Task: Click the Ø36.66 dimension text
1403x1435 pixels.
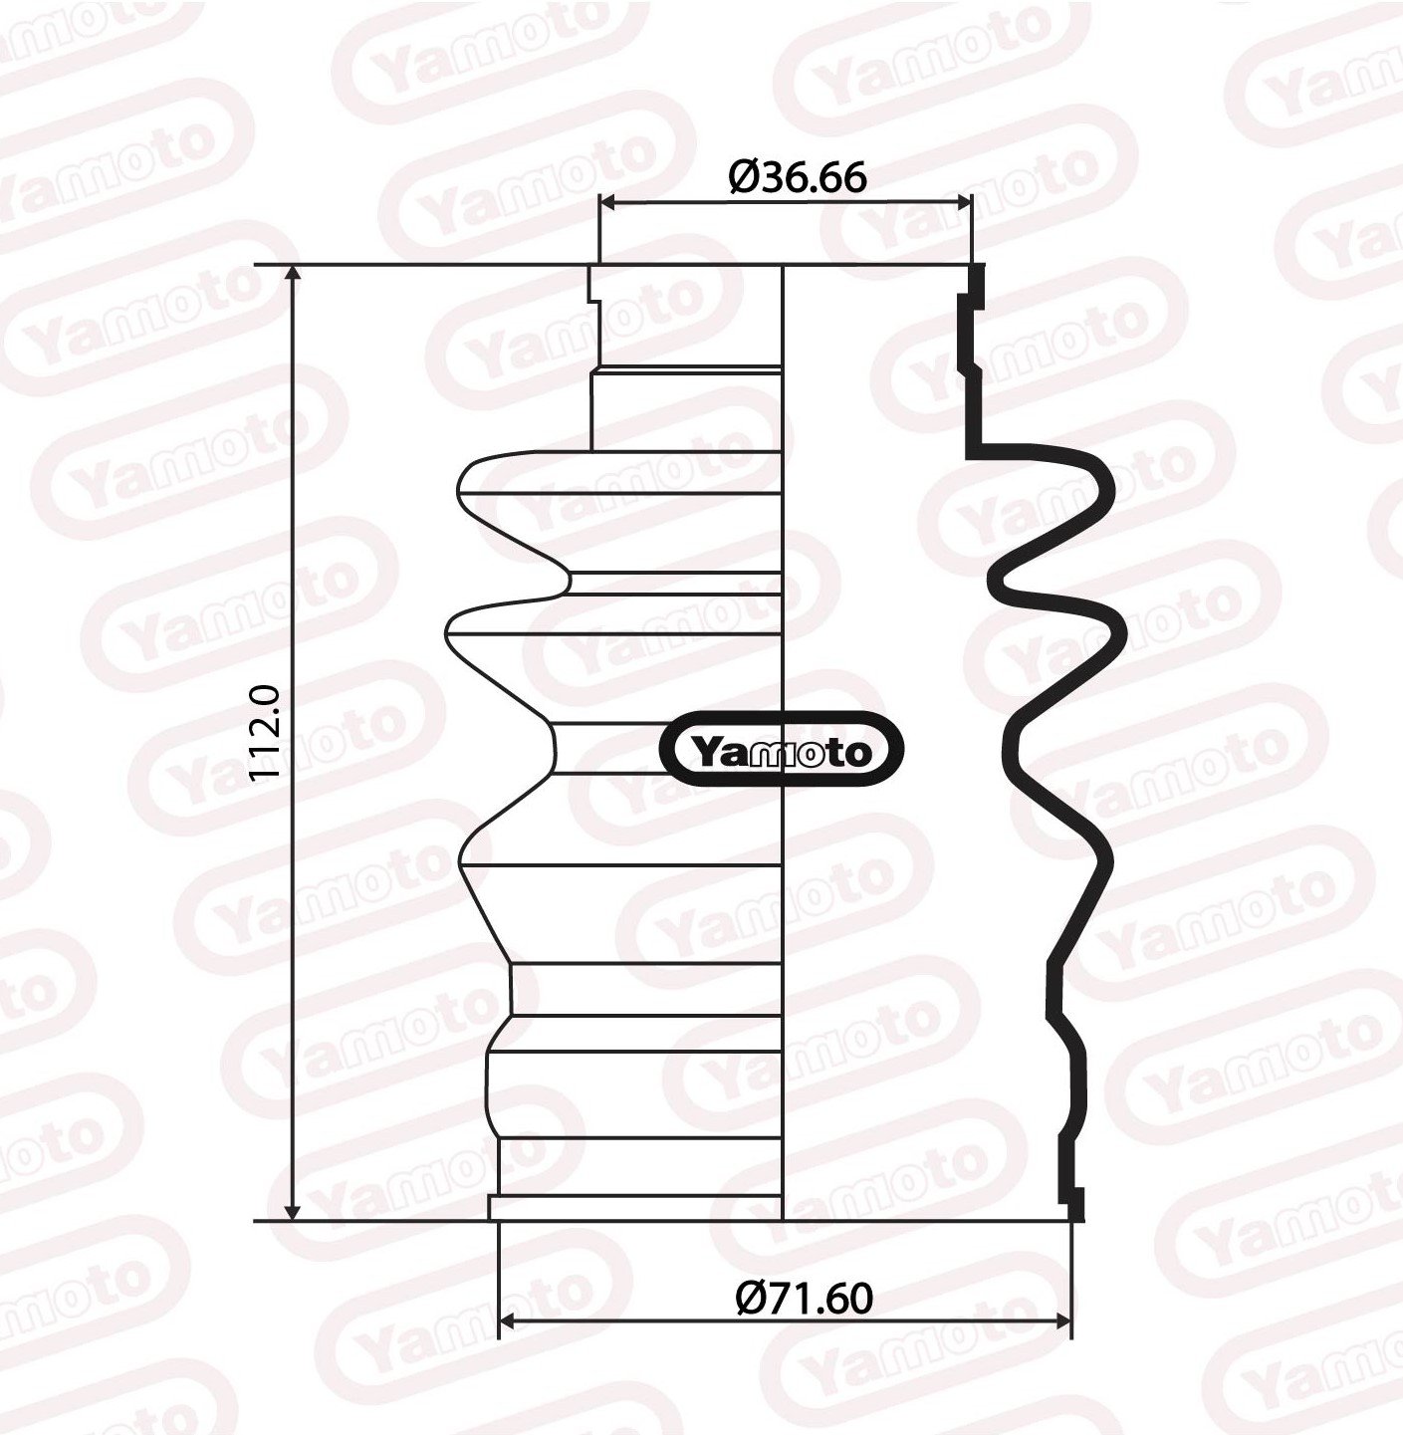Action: tap(798, 177)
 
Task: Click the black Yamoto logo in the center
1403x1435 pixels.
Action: tap(782, 750)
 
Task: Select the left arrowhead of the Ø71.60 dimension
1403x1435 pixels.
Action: tap(505, 1321)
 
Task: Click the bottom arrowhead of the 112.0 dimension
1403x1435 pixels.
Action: tap(293, 1211)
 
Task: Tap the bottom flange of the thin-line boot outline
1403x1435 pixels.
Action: tap(637, 1208)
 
